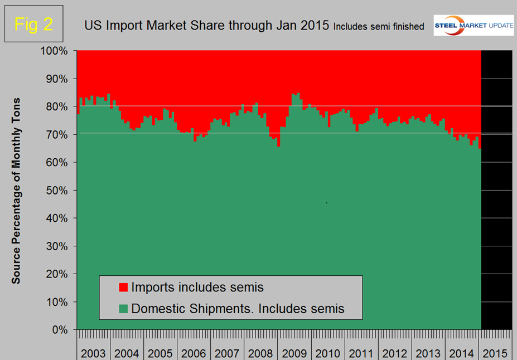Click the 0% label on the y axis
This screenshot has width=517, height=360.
(61, 330)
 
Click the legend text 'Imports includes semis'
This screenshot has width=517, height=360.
(197, 288)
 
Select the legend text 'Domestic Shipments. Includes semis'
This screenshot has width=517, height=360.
(238, 308)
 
